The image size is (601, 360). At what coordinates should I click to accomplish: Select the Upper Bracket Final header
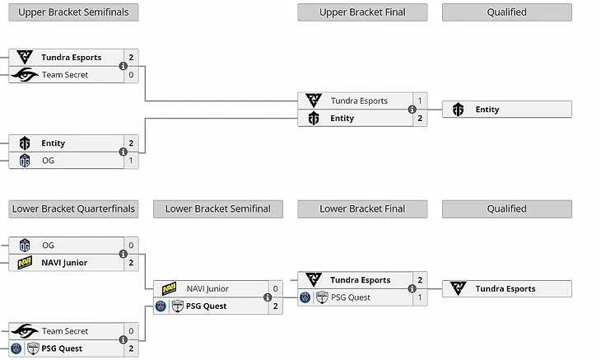tap(362, 12)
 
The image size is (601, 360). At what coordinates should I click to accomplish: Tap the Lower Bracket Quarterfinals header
tap(73, 208)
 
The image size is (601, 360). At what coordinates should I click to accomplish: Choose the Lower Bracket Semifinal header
tap(217, 208)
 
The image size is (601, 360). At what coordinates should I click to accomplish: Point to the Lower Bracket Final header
tap(362, 208)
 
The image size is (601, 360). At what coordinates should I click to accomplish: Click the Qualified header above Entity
tap(506, 12)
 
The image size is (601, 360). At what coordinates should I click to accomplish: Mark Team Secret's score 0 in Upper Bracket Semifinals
tap(130, 75)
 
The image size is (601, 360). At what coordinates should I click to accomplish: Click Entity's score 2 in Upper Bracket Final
tap(420, 119)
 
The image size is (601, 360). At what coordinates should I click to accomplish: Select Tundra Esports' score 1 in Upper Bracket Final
tap(420, 101)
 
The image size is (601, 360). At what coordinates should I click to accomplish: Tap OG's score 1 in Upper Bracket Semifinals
tap(130, 161)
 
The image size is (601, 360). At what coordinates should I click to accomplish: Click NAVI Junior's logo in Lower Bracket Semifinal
tap(169, 288)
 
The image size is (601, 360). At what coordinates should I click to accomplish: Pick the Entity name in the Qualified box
tap(487, 110)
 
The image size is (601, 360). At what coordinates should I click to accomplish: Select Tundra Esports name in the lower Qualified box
tap(505, 288)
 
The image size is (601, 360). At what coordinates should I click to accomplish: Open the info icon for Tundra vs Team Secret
tap(123, 66)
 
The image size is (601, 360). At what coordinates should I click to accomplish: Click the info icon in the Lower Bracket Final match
tap(412, 289)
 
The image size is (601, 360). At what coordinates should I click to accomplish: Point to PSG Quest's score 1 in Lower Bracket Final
tap(420, 297)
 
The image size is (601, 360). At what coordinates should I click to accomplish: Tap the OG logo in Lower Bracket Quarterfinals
tap(25, 245)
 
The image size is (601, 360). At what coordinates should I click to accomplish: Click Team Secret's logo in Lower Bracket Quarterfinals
tap(25, 331)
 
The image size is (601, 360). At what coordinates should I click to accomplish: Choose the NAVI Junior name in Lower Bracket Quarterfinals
tap(65, 263)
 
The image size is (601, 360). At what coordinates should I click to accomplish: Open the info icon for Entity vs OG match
tap(123, 152)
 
